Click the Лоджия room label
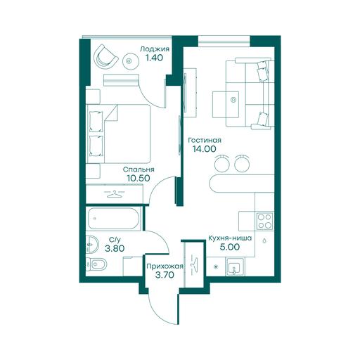click(x=155, y=50)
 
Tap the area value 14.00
click(x=205, y=149)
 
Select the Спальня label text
click(x=139, y=169)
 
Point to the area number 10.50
click(x=139, y=179)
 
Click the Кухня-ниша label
click(x=230, y=238)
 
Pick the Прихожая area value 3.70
click(x=165, y=275)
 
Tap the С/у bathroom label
click(x=115, y=240)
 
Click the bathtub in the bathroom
click(x=114, y=219)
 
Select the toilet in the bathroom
click(x=96, y=265)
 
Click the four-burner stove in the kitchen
click(x=265, y=221)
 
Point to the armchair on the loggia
click(x=105, y=57)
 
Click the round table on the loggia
click(x=131, y=61)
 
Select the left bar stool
click(x=221, y=163)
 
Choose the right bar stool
click(x=242, y=163)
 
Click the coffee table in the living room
click(x=226, y=105)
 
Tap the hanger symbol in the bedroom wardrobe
click(x=115, y=194)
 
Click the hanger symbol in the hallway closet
click(x=195, y=264)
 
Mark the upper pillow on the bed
click(x=96, y=122)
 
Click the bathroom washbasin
click(x=92, y=245)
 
